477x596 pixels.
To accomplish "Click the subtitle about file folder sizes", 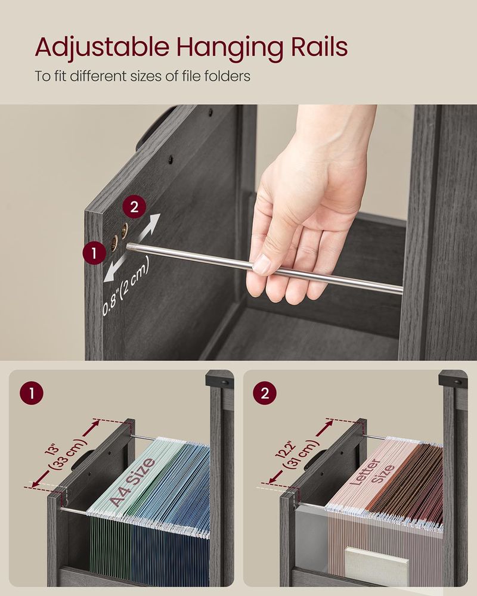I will click(142, 76).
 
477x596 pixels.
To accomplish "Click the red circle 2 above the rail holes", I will click(134, 207).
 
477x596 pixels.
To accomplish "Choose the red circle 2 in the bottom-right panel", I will click(265, 394).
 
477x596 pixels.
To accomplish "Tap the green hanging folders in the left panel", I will click(107, 542).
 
